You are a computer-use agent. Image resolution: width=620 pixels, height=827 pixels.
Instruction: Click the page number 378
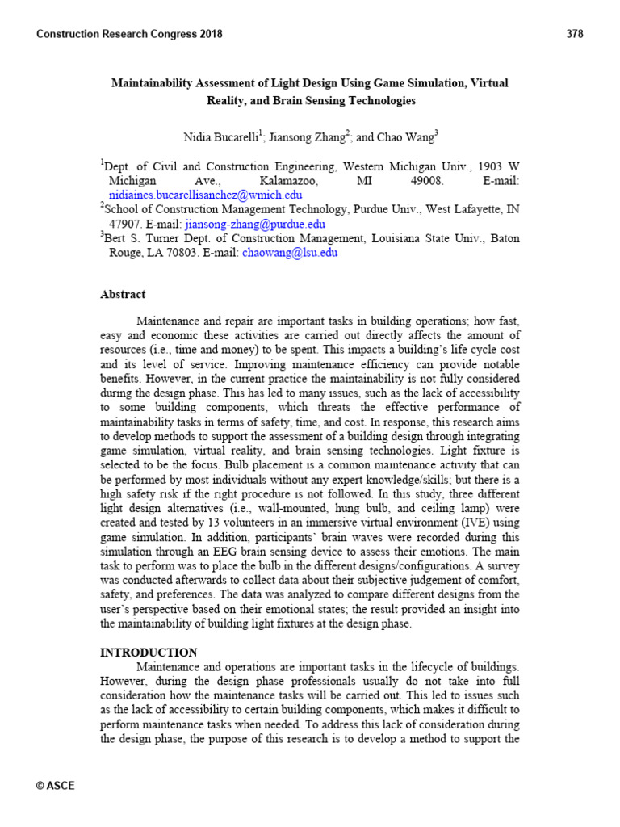point(575,34)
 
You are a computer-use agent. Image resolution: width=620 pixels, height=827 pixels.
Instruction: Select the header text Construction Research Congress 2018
point(130,34)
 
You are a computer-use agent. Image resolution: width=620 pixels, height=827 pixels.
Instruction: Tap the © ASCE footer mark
point(56,786)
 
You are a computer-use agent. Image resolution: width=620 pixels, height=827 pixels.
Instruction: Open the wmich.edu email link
point(206,195)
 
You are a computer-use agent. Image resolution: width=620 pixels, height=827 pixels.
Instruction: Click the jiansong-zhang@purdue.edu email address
point(255,224)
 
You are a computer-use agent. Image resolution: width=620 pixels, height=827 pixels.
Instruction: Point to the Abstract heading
point(123,295)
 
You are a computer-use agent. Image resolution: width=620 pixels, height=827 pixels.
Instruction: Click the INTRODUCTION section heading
point(149,652)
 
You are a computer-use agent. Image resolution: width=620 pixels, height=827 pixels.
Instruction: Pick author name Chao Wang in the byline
point(408,138)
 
